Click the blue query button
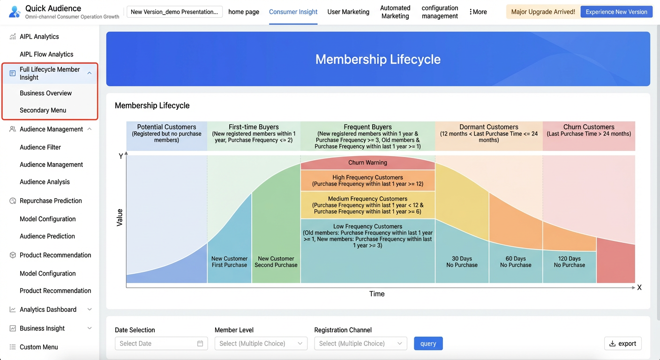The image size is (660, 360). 428,343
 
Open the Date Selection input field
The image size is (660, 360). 161,343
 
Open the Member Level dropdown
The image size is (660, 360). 261,343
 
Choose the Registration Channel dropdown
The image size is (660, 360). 360,343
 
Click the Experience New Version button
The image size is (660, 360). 616,12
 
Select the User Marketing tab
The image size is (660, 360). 348,12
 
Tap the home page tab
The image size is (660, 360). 244,12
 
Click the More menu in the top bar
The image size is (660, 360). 478,12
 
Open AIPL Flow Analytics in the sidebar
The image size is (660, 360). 46,54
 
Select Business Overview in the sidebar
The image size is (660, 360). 45,93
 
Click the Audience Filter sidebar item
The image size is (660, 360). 40,147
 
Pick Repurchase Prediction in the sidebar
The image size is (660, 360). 51,201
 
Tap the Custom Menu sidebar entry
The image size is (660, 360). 38,347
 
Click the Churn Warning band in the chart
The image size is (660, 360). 367,163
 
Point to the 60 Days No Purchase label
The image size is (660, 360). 516,262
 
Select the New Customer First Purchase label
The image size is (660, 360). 229,262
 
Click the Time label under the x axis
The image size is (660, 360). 377,294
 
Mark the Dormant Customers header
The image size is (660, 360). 489,127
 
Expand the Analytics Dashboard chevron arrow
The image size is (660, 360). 90,309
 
